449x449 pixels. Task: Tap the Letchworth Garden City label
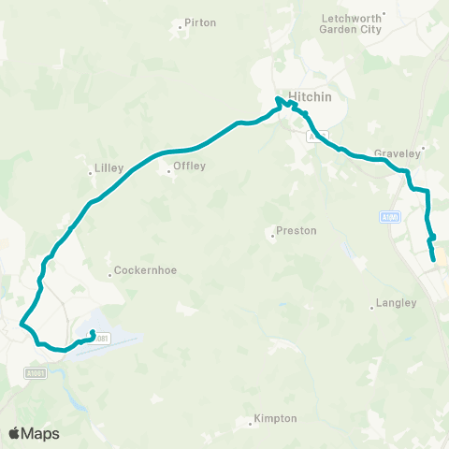[x=352, y=23]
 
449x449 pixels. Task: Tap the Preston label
[x=297, y=230]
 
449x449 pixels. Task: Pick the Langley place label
[x=395, y=303]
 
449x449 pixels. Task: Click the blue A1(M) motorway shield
[x=391, y=217]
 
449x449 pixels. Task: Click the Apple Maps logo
[x=34, y=433]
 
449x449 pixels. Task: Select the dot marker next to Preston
[x=272, y=235]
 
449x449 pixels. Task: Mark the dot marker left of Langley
[x=371, y=307]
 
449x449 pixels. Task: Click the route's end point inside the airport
[x=92, y=333]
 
